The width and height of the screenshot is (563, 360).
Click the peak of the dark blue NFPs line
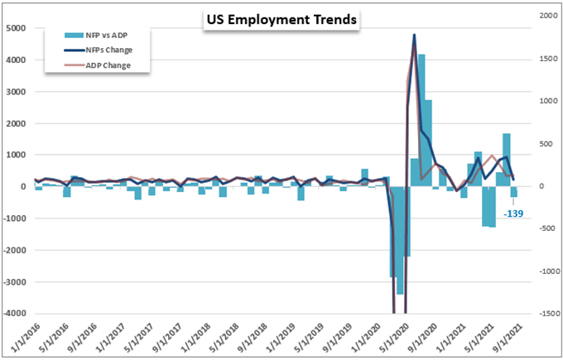coord(414,36)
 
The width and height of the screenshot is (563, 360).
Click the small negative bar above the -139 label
coord(513,192)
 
